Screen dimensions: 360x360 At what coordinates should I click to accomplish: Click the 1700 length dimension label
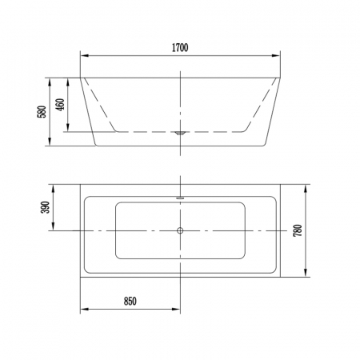click(180, 47)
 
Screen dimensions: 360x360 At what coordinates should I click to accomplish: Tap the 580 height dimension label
click(42, 112)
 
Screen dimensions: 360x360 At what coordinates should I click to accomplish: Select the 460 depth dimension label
click(60, 105)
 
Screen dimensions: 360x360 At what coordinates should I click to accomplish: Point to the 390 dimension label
click(46, 207)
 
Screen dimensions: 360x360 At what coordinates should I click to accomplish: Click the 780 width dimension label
click(298, 230)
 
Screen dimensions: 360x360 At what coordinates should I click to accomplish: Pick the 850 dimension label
click(130, 301)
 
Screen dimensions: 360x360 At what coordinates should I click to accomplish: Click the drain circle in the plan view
click(180, 230)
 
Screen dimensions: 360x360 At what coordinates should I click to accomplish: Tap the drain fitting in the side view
click(180, 133)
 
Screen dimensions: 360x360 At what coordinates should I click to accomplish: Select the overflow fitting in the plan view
click(180, 198)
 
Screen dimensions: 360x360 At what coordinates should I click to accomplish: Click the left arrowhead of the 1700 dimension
click(84, 56)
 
